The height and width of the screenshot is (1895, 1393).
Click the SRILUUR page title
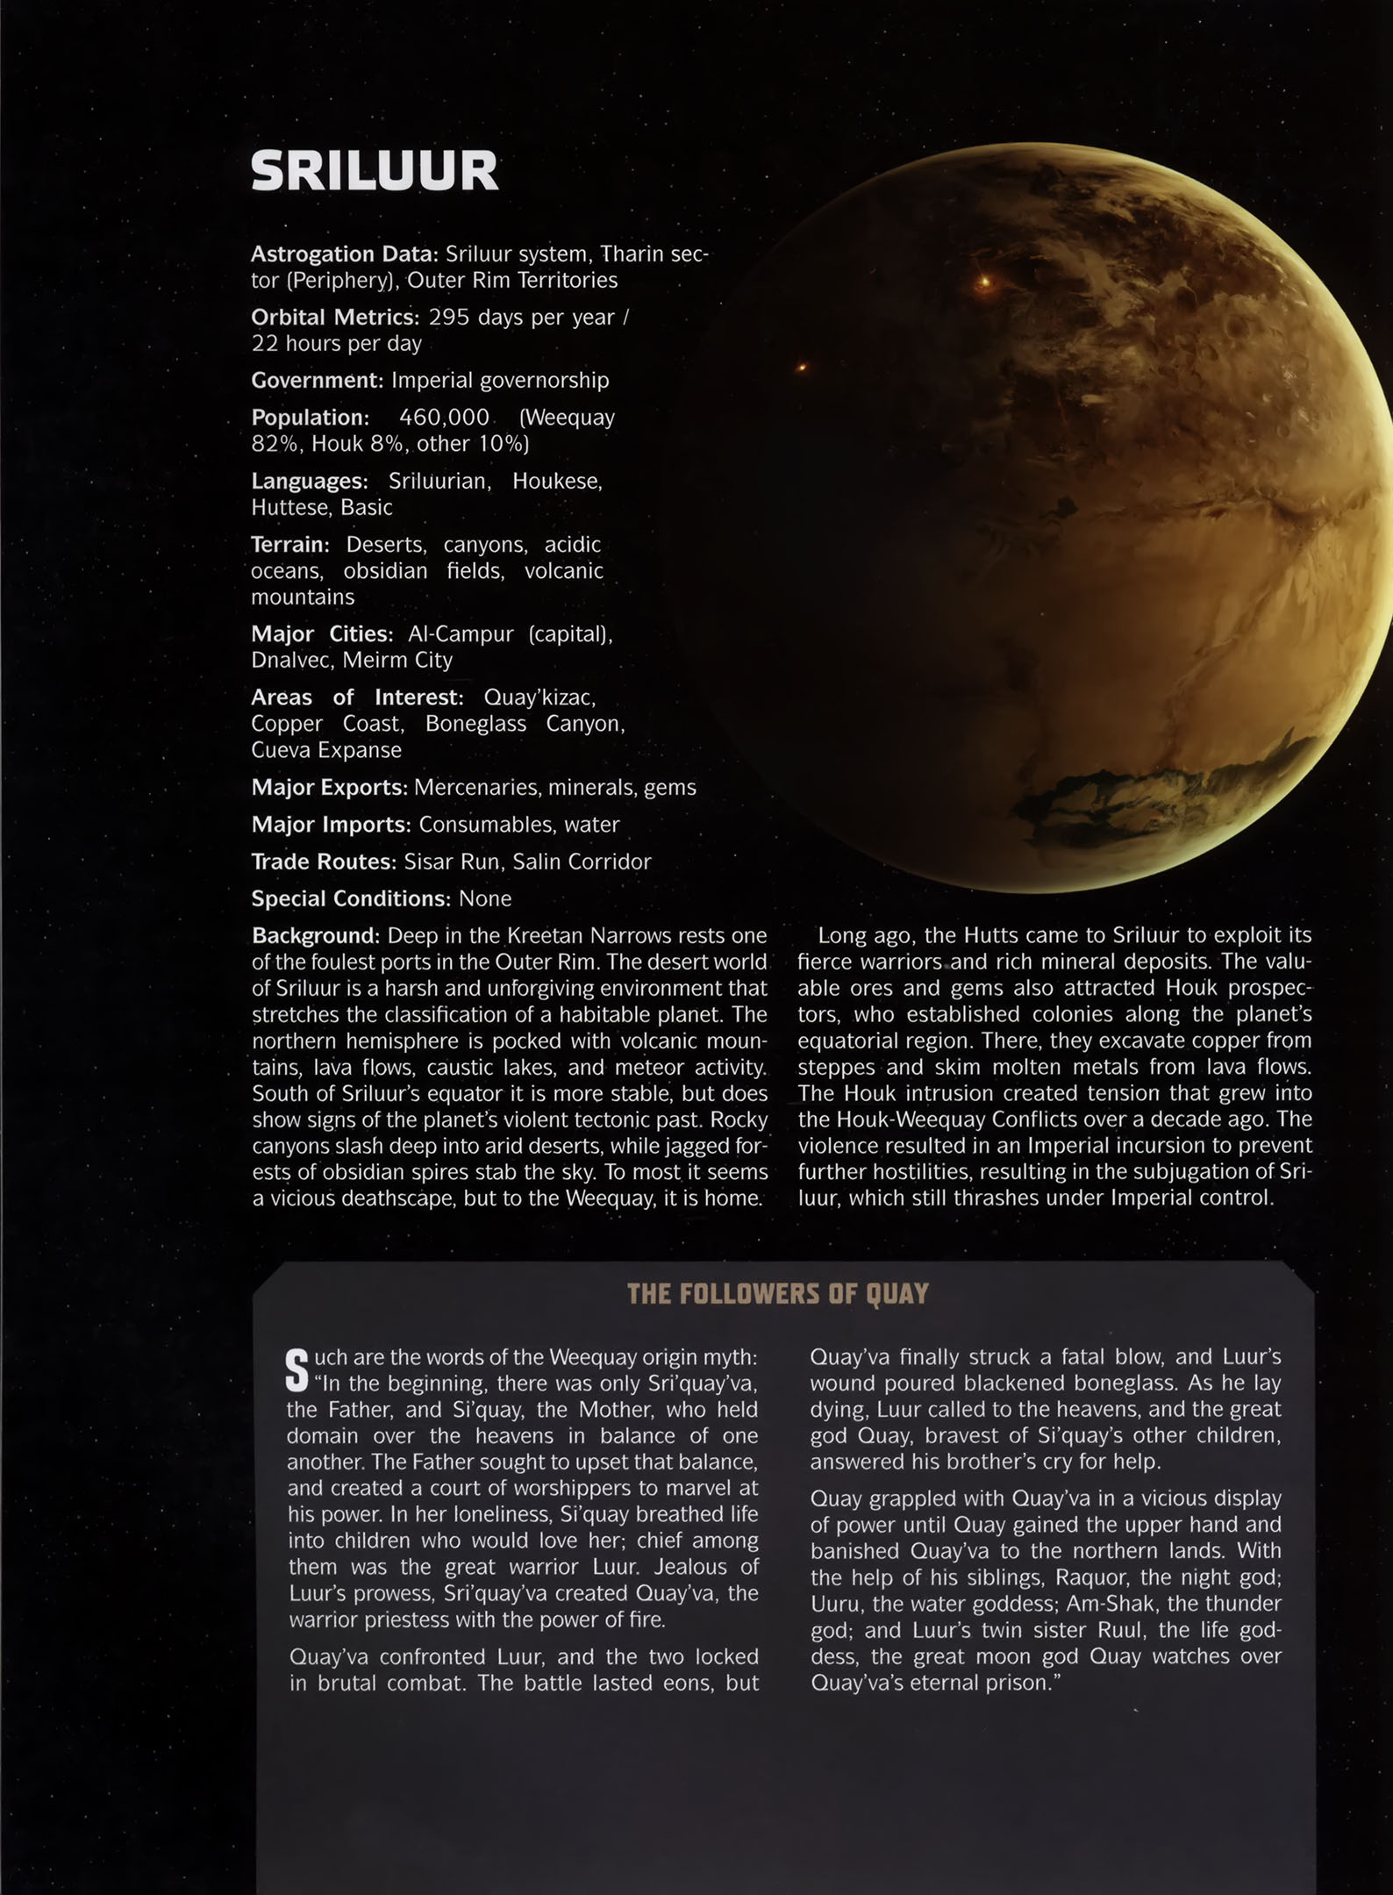coord(375,171)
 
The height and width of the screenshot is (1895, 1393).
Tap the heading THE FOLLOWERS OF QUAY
coord(777,1294)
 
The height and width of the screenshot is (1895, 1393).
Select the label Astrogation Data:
coord(344,254)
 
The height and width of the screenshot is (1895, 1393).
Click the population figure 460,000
coord(444,417)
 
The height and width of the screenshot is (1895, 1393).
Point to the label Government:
coord(317,380)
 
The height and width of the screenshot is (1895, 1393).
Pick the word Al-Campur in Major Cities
coord(461,633)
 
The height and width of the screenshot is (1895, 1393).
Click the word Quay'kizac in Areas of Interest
coord(539,697)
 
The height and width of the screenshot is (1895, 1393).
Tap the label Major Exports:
coord(329,787)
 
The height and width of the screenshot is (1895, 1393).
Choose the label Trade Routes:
coord(323,862)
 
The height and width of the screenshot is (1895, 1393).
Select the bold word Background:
coord(315,935)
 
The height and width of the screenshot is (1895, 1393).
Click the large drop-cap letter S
coord(297,1369)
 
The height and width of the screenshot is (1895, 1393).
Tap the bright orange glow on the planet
coord(984,282)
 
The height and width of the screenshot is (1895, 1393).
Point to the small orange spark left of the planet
coord(801,368)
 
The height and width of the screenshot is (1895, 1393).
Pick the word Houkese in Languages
coord(557,481)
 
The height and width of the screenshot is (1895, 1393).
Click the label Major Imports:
coord(331,825)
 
